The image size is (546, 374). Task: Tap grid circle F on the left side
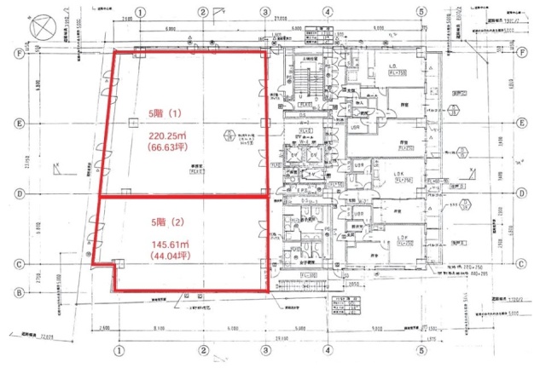tap(18, 52)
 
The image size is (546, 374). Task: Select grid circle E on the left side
tap(18, 123)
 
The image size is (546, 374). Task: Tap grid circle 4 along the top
tap(328, 12)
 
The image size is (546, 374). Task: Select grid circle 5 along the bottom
tap(421, 349)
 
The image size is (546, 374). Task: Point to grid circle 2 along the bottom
tap(203, 349)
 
